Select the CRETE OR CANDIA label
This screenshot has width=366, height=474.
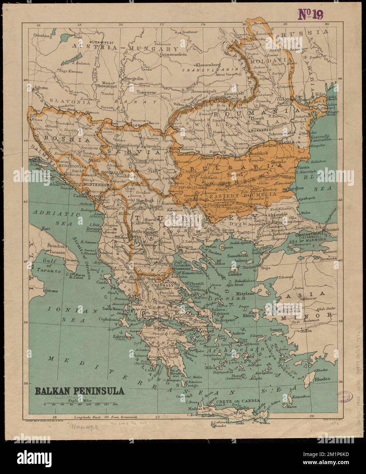tap(243, 401)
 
